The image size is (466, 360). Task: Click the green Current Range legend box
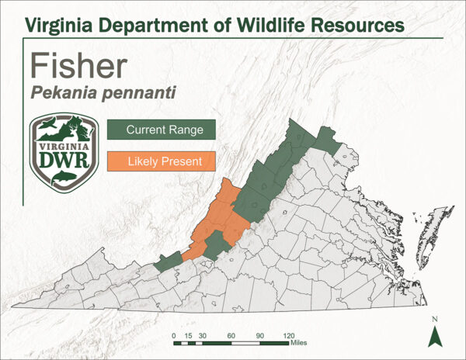[161, 130]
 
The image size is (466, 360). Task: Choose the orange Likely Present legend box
[161, 161]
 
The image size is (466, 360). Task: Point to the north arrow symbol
[436, 335]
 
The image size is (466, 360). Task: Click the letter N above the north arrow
[436, 319]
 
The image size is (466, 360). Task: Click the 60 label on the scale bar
[231, 335]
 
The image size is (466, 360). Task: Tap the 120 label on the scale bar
[287, 335]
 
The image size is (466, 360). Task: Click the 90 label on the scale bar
[259, 335]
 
